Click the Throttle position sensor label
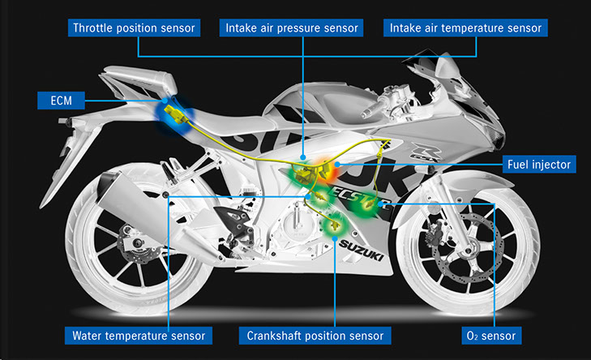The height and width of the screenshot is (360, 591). pyautogui.click(x=134, y=28)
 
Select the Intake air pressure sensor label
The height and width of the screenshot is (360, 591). pyautogui.click(x=291, y=28)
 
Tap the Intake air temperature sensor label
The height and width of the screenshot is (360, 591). pyautogui.click(x=465, y=28)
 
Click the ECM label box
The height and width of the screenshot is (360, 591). pyautogui.click(x=61, y=101)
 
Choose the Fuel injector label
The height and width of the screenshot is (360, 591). pyautogui.click(x=539, y=165)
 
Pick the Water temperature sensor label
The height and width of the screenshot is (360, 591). pyautogui.click(x=139, y=336)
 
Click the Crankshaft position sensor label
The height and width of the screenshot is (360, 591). pyautogui.click(x=315, y=336)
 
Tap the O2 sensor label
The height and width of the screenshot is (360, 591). pyautogui.click(x=491, y=336)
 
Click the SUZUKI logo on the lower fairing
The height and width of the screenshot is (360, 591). pyautogui.click(x=361, y=251)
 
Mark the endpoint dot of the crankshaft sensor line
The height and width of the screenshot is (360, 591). pyautogui.click(x=335, y=238)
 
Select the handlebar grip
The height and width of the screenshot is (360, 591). pyautogui.click(x=372, y=110)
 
